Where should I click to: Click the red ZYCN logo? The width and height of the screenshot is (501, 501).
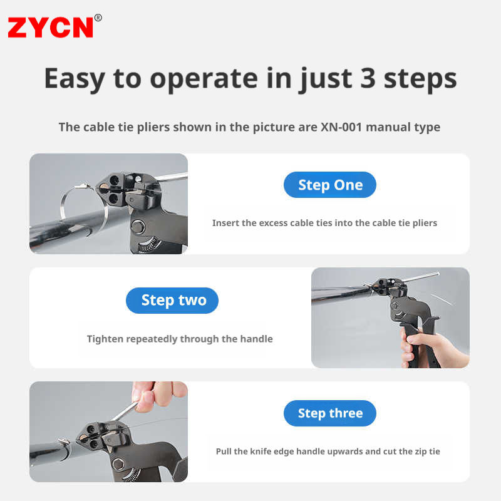(51, 28)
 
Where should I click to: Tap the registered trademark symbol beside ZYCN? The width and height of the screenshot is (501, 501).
(98, 18)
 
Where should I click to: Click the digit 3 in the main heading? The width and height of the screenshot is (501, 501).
(368, 78)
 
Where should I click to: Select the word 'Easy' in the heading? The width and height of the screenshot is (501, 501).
(75, 80)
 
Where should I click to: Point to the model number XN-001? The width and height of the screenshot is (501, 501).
(341, 127)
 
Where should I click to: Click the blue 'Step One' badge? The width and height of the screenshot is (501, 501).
(330, 185)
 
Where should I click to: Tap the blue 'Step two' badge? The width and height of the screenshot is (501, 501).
(172, 301)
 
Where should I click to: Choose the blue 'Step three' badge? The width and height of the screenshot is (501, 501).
(330, 413)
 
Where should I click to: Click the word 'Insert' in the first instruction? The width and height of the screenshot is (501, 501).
(225, 223)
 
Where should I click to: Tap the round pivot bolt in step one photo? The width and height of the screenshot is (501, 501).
(138, 227)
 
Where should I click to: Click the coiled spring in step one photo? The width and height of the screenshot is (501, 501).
(148, 245)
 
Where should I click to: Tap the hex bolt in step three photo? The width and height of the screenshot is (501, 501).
(118, 464)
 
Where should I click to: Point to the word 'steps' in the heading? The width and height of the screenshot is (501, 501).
(420, 80)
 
